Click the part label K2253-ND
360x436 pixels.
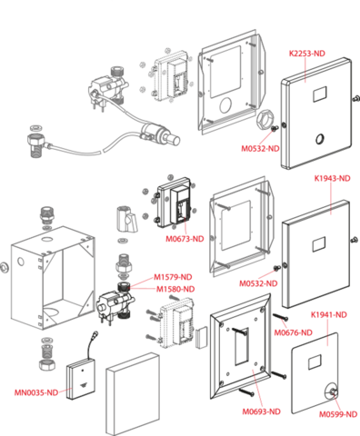coord(306,54)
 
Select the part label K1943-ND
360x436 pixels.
coord(332,178)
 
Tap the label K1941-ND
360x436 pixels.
coord(329,315)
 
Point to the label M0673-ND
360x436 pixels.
coord(185,239)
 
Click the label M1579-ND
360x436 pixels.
coord(173,277)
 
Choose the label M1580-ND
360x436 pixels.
coord(175,289)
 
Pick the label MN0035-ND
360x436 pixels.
coord(36,392)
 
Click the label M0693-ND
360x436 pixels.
coord(261,411)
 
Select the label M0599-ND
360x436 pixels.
coord(338,414)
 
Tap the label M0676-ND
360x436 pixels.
coord(293,332)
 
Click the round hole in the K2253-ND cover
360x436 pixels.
coord(319,139)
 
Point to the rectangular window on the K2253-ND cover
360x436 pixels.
coord(319,94)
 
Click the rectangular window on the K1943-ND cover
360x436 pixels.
coord(319,244)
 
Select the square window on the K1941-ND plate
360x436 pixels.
coord(315,362)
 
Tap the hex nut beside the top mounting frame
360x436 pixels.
coord(265,121)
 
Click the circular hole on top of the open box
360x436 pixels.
coord(47,239)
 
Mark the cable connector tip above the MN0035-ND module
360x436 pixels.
coord(95,333)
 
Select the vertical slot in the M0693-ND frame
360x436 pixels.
coord(241,346)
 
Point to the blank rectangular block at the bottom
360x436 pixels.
coord(133,394)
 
